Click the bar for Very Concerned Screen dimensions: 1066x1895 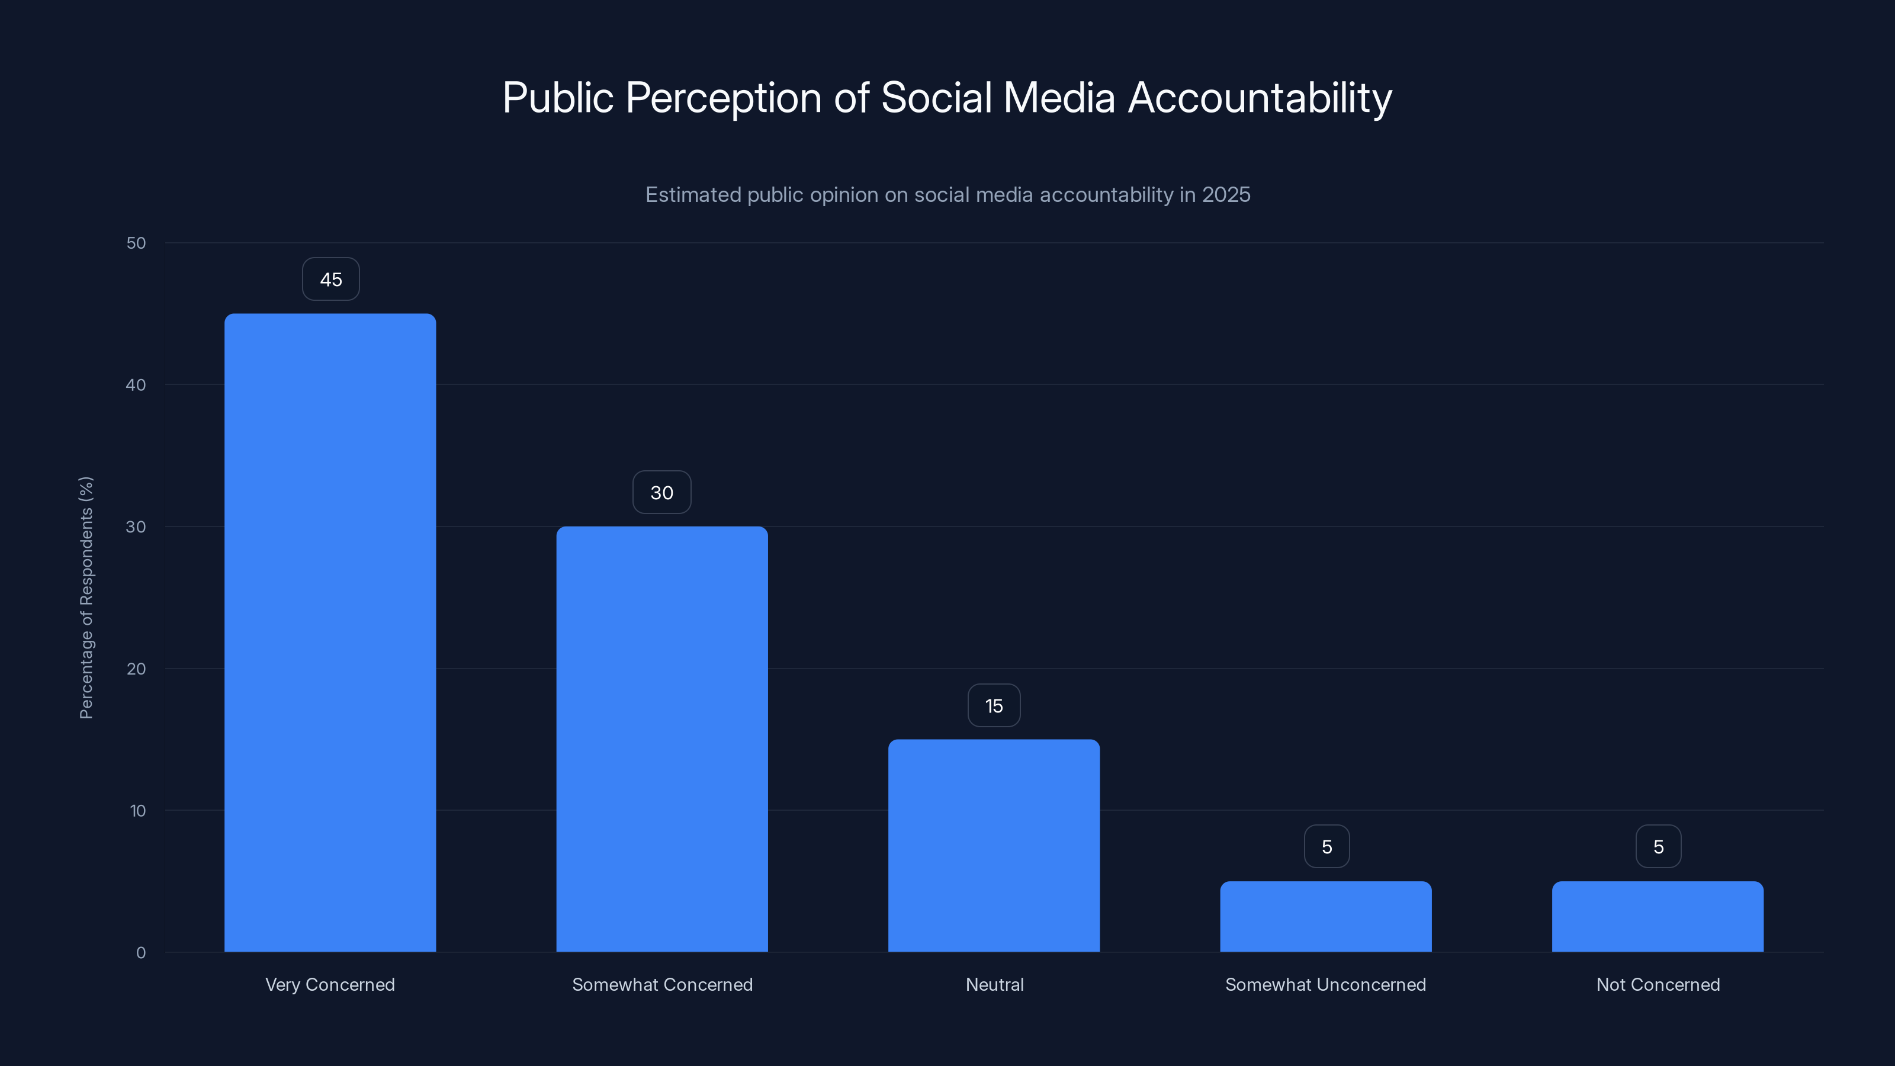tap(330, 632)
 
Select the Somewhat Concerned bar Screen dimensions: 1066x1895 tap(661, 739)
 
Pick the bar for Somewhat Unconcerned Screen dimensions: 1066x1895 tap(1326, 917)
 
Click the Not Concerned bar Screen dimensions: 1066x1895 tap(1658, 917)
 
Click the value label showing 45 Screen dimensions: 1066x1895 tap(330, 280)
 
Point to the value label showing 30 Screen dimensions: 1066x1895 tap(661, 493)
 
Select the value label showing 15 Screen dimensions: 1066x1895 tap(994, 707)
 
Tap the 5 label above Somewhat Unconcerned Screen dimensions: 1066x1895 tap(1326, 847)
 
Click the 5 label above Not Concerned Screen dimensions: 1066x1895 tap(1658, 847)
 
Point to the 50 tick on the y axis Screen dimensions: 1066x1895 tap(136, 243)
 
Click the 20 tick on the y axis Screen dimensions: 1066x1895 tap(136, 669)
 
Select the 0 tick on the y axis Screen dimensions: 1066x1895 tap(140, 953)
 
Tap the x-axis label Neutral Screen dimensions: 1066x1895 tap(994, 984)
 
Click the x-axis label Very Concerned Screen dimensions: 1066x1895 tap(330, 984)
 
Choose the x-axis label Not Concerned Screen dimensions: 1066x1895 tap(1658, 984)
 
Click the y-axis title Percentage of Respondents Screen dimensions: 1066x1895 tap(86, 598)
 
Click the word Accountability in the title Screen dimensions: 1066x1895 tap(1260, 98)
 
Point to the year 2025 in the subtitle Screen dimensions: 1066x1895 tap(1226, 195)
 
